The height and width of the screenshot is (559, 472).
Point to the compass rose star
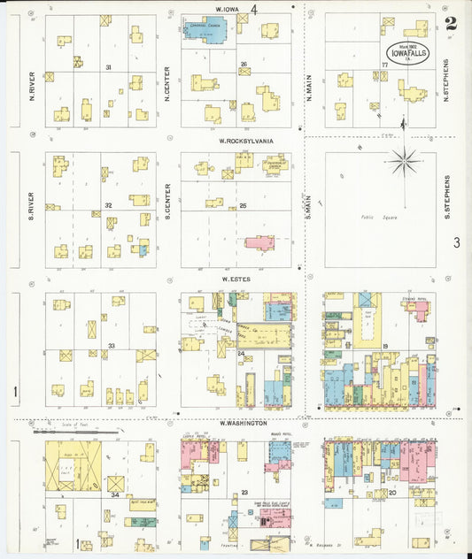(x=405, y=161)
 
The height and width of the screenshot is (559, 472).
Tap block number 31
(x=108, y=67)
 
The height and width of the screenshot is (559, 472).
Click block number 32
(x=108, y=204)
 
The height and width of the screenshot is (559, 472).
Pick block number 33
(x=112, y=345)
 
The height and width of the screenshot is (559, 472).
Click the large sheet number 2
(x=451, y=24)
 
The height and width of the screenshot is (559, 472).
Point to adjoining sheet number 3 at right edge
(x=456, y=242)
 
